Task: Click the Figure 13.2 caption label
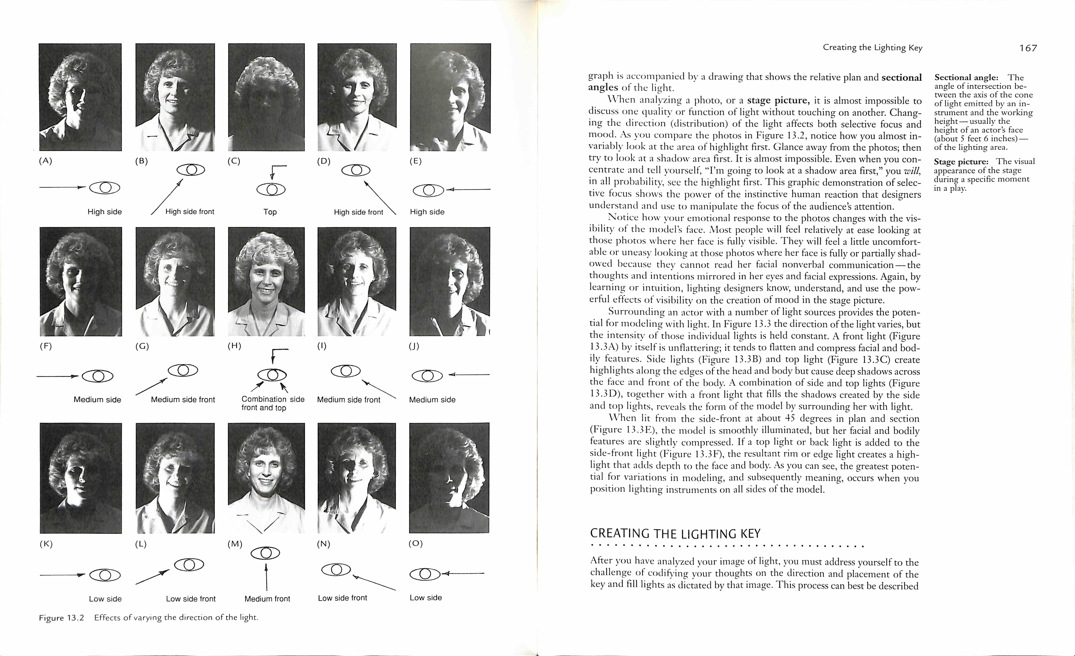(x=61, y=618)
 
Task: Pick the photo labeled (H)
(x=266, y=282)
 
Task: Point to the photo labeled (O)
(x=449, y=478)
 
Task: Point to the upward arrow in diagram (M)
(x=266, y=576)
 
